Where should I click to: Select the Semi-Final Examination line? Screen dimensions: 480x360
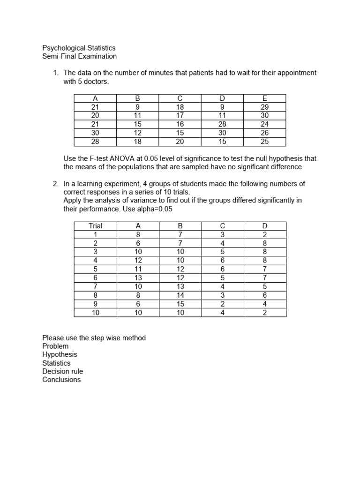[x=79, y=56]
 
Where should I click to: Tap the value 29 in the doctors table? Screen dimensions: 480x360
[x=264, y=107]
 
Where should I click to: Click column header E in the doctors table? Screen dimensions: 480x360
[x=264, y=98]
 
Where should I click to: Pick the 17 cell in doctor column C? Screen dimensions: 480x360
[x=180, y=115]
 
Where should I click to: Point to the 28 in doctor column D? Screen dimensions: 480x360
[x=222, y=124]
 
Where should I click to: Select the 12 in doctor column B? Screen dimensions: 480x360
[x=137, y=132]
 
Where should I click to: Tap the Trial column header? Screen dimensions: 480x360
[x=95, y=226]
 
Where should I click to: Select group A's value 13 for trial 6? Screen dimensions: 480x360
[x=138, y=278]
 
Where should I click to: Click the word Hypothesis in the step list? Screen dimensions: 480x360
[x=60, y=354]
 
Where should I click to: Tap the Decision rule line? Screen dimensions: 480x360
[x=62, y=371]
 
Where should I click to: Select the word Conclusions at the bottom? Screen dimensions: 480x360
[x=61, y=380]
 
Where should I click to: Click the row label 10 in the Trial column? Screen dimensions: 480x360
[x=95, y=313]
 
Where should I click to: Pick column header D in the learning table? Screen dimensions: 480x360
[x=265, y=226]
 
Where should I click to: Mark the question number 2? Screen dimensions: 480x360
[x=55, y=184]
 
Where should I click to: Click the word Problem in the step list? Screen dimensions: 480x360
[x=55, y=346]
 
